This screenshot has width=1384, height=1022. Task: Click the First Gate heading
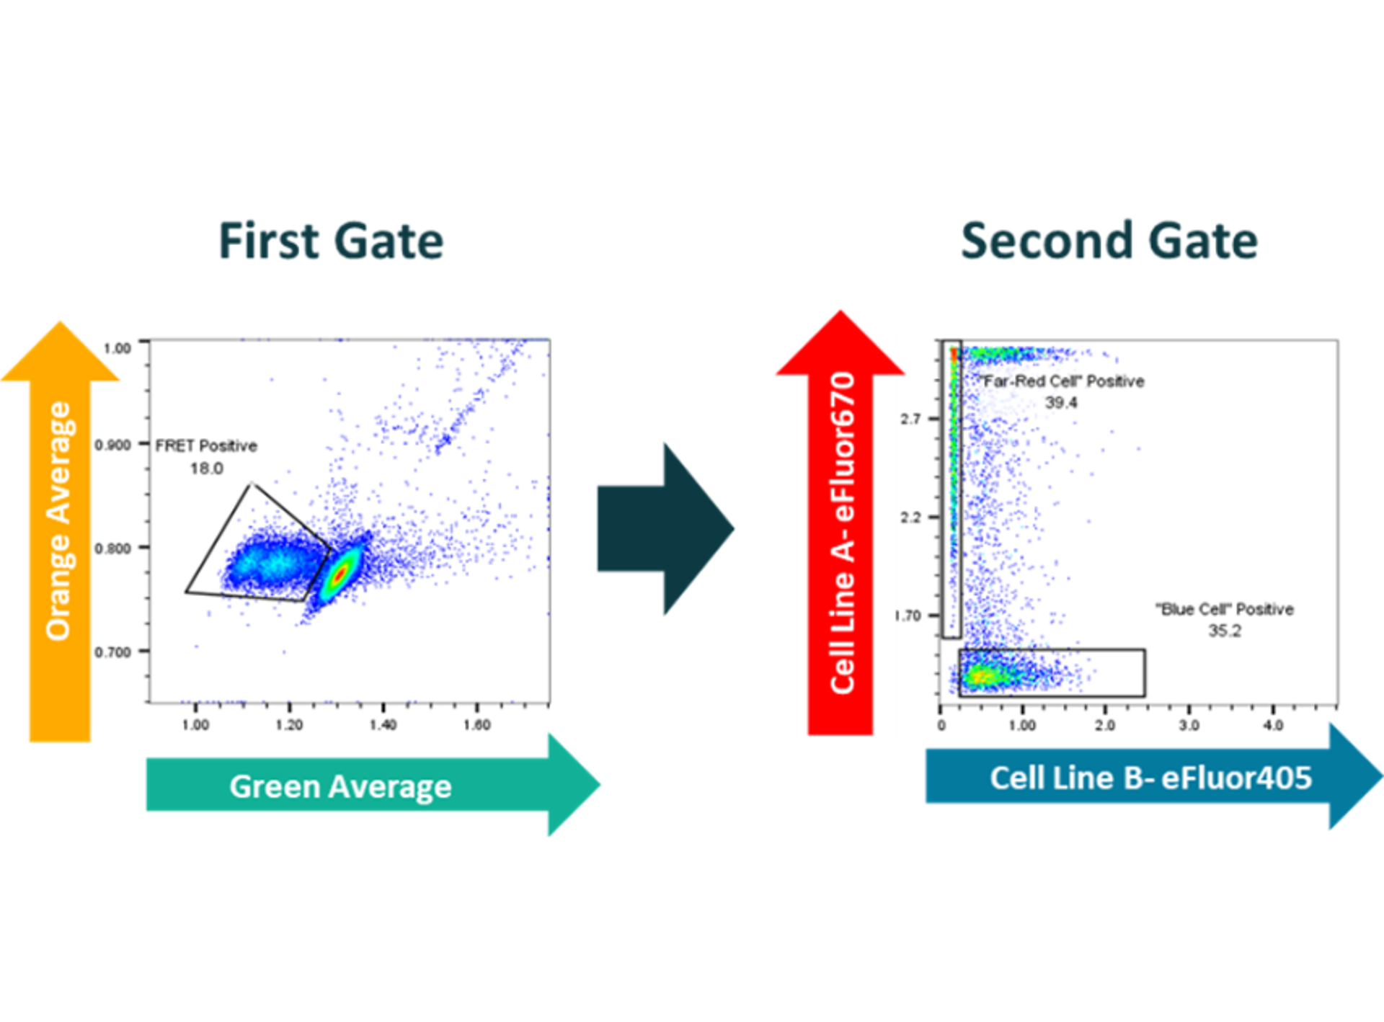click(x=331, y=241)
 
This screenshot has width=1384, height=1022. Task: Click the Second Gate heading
click(x=1109, y=241)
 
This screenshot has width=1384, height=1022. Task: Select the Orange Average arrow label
click(x=59, y=520)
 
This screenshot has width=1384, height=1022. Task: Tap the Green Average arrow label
click(x=340, y=786)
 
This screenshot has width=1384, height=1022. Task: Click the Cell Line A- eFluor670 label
click(x=842, y=533)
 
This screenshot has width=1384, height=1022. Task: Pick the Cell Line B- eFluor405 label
click(x=1150, y=778)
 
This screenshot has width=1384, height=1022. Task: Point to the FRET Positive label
click(x=206, y=446)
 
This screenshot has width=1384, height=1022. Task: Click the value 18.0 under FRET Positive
click(x=206, y=468)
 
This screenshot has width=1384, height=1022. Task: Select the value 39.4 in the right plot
click(x=1061, y=402)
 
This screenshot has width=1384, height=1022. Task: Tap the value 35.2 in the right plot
click(x=1225, y=631)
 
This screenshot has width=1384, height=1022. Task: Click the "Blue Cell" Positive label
click(x=1225, y=610)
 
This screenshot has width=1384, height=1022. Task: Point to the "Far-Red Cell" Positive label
click(x=1061, y=381)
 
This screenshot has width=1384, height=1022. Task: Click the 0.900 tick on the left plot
click(x=113, y=445)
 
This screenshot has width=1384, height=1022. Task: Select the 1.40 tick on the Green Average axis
click(x=383, y=724)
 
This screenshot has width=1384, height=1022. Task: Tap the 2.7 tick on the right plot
click(x=910, y=419)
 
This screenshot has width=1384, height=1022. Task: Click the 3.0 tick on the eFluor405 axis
click(x=1189, y=725)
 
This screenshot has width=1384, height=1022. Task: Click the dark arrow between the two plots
click(x=665, y=529)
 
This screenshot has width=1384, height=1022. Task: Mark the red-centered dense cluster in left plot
click(x=340, y=573)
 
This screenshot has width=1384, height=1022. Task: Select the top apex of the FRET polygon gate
click(x=251, y=484)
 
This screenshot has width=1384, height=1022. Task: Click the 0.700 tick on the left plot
click(x=113, y=652)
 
